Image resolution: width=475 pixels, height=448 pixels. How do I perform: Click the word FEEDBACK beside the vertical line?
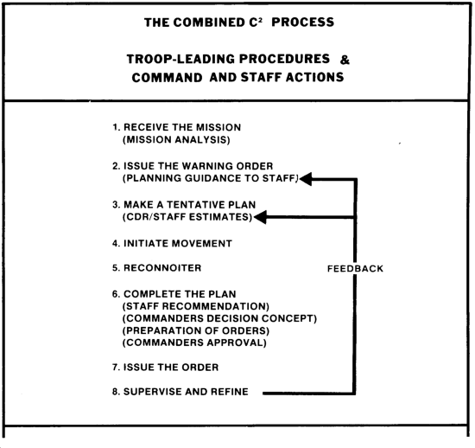[355, 268]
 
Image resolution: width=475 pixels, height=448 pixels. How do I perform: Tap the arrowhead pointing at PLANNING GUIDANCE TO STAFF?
[306, 179]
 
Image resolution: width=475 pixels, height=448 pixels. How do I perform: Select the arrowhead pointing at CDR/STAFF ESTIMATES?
[260, 217]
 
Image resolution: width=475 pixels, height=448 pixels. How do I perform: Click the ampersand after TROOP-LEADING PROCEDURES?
[345, 60]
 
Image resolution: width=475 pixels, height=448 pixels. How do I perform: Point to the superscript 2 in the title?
[260, 19]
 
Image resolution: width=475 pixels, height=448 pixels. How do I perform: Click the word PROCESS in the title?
[302, 22]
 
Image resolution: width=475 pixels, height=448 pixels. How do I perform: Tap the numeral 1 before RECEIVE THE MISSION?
[115, 127]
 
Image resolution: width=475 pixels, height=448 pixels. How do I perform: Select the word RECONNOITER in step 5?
[162, 268]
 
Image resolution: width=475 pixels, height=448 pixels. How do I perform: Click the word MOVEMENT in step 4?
[201, 244]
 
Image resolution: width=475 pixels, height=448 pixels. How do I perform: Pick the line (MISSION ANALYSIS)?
[176, 140]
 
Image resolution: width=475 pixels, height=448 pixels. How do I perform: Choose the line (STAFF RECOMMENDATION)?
[196, 306]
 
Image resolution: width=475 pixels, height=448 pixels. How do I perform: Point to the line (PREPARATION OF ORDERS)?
[196, 330]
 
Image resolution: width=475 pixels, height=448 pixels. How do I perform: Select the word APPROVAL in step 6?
[237, 342]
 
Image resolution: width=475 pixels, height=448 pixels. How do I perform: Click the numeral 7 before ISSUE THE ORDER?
[115, 368]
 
